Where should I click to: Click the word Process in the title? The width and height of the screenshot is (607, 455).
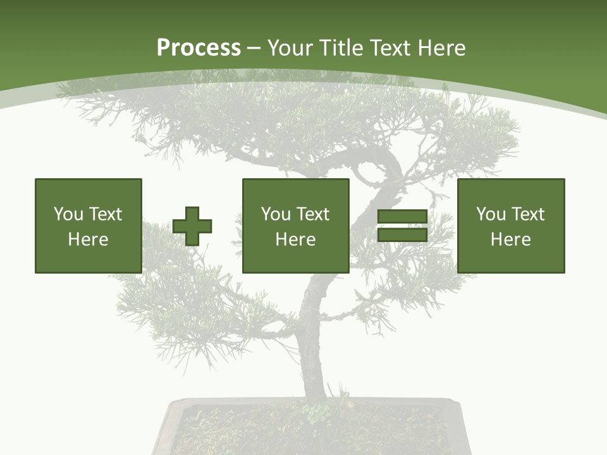199,48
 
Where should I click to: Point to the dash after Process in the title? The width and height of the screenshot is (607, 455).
254,49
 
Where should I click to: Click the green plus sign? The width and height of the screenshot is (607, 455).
192,226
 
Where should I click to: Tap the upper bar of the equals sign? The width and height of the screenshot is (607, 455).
403,217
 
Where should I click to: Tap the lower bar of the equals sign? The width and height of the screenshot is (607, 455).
403,235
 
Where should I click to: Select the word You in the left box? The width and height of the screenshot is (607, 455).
68,214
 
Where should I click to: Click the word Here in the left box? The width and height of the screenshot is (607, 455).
89,240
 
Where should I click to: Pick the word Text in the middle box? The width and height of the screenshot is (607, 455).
313,214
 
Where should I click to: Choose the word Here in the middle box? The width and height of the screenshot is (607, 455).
296,240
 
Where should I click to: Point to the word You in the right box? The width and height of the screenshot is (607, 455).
491,214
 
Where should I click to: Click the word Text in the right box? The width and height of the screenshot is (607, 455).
528,214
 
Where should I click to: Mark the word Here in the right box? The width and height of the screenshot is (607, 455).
511,240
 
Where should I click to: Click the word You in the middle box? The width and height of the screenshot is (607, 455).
276,214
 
